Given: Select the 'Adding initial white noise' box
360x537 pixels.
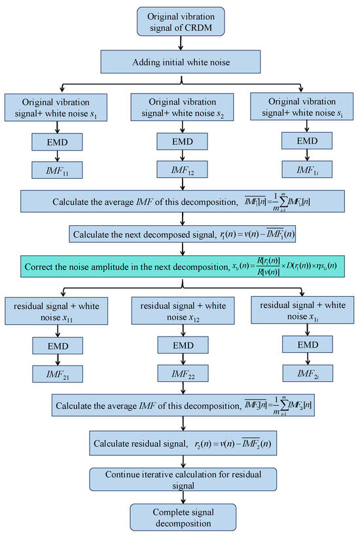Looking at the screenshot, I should (181, 63).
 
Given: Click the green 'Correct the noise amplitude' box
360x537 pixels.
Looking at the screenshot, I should (181, 267).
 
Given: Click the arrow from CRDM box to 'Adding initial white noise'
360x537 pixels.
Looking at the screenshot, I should (181, 44).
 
